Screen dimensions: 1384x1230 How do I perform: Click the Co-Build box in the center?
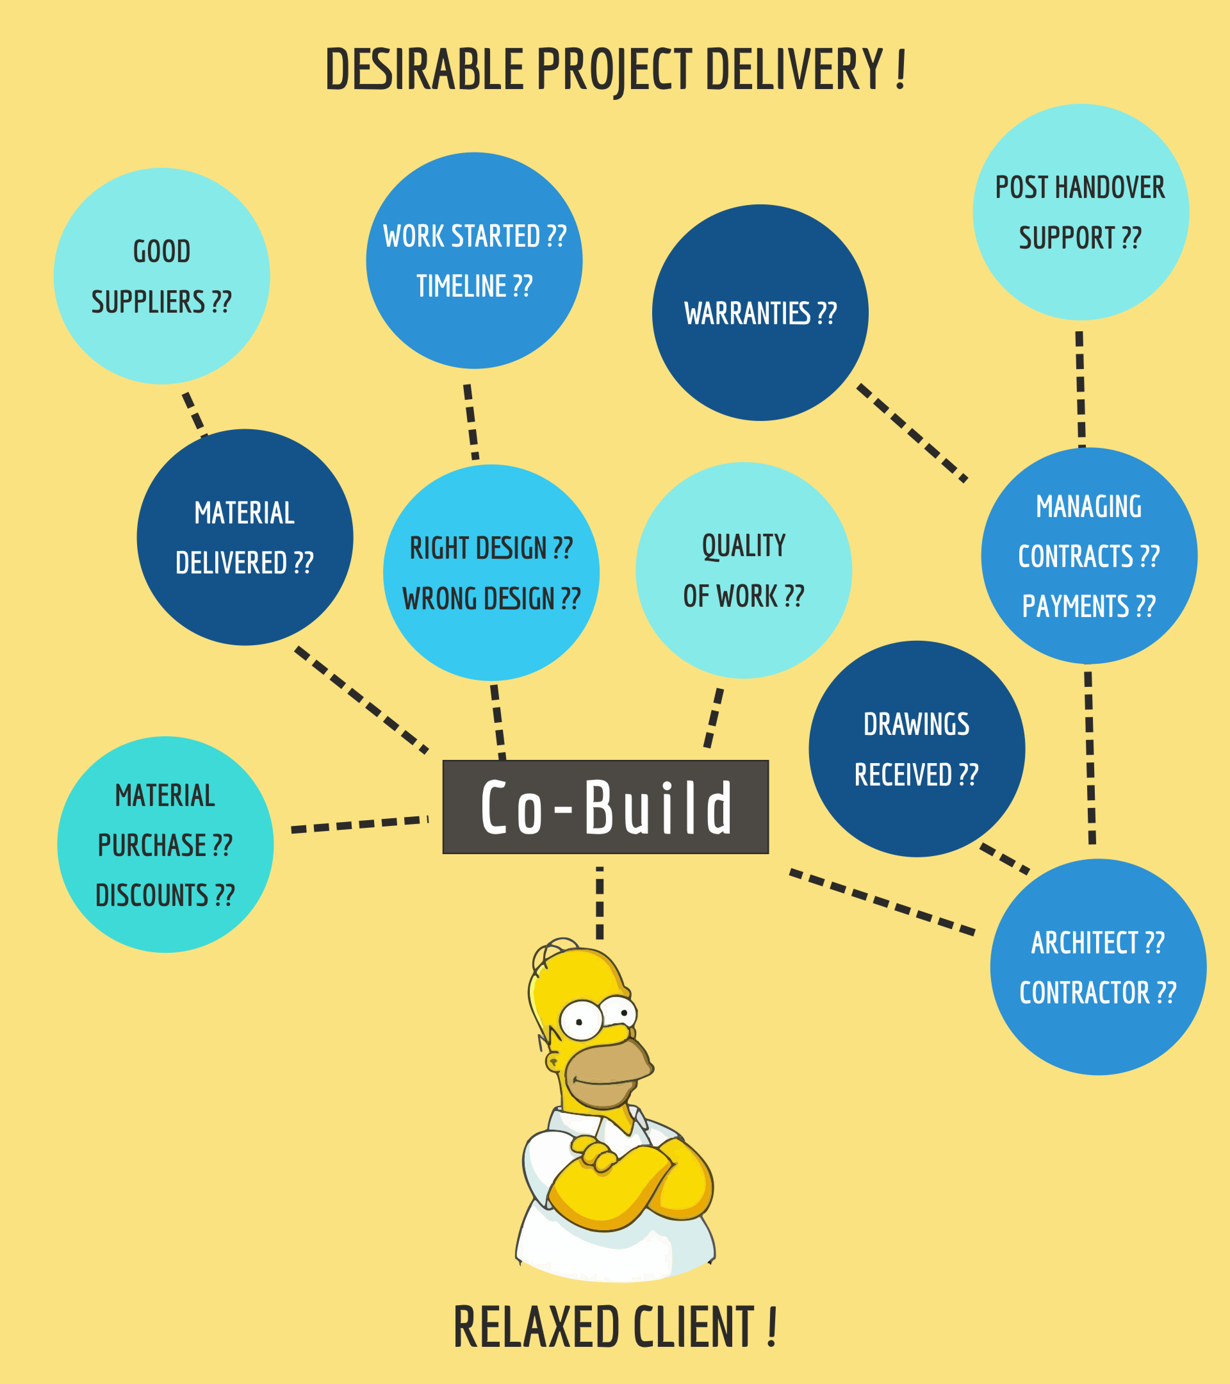pyautogui.click(x=605, y=807)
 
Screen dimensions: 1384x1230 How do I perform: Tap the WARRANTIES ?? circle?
pyautogui.click(x=760, y=313)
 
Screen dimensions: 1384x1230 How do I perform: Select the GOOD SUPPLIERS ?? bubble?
pyautogui.click(x=162, y=276)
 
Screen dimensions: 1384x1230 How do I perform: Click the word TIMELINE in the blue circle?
pyautogui.click(x=461, y=286)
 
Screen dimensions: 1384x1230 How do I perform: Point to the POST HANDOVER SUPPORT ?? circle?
pyautogui.click(x=1080, y=212)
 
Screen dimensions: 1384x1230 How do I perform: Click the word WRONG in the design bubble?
pyautogui.click(x=430, y=599)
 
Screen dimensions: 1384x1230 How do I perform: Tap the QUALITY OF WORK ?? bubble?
pyautogui.click(x=743, y=570)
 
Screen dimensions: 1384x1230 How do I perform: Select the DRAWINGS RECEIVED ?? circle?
pyautogui.click(x=917, y=749)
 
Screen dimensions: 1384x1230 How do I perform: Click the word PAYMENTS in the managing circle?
pyautogui.click(x=1076, y=607)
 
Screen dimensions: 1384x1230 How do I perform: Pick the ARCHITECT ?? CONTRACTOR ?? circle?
pyautogui.click(x=1098, y=967)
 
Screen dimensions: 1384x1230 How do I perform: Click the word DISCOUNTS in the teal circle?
pyautogui.click(x=152, y=896)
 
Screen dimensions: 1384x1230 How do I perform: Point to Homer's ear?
pyautogui.click(x=553, y=1062)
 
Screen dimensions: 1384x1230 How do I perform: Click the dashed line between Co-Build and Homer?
pyautogui.click(x=600, y=902)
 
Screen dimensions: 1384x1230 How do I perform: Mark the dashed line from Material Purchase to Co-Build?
pyautogui.click(x=359, y=825)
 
